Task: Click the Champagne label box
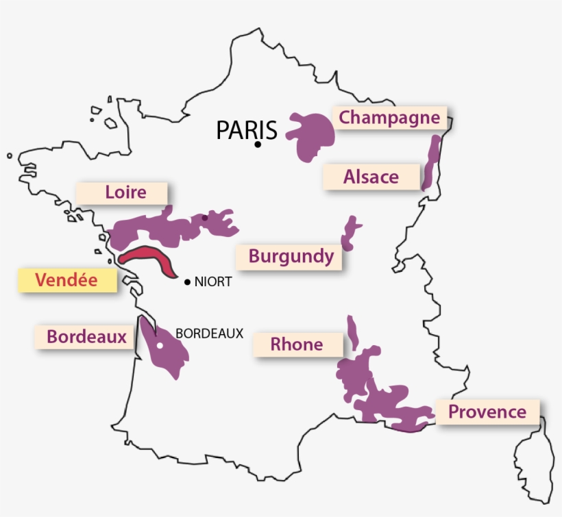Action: tap(389, 118)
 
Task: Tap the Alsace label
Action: tap(371, 177)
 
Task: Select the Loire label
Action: tap(125, 192)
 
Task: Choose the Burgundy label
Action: tap(291, 257)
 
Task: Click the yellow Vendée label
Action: tap(66, 280)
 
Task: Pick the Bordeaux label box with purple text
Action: tap(86, 337)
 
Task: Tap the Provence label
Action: tap(487, 412)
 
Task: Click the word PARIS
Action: tap(246, 130)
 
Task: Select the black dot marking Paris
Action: tap(258, 144)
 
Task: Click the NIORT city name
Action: tap(213, 281)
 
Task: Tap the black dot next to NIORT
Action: tap(187, 281)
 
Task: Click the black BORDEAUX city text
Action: tap(210, 333)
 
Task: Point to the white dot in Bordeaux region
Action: tap(159, 346)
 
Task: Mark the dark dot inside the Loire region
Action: tap(204, 218)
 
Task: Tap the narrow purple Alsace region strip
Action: tap(431, 163)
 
